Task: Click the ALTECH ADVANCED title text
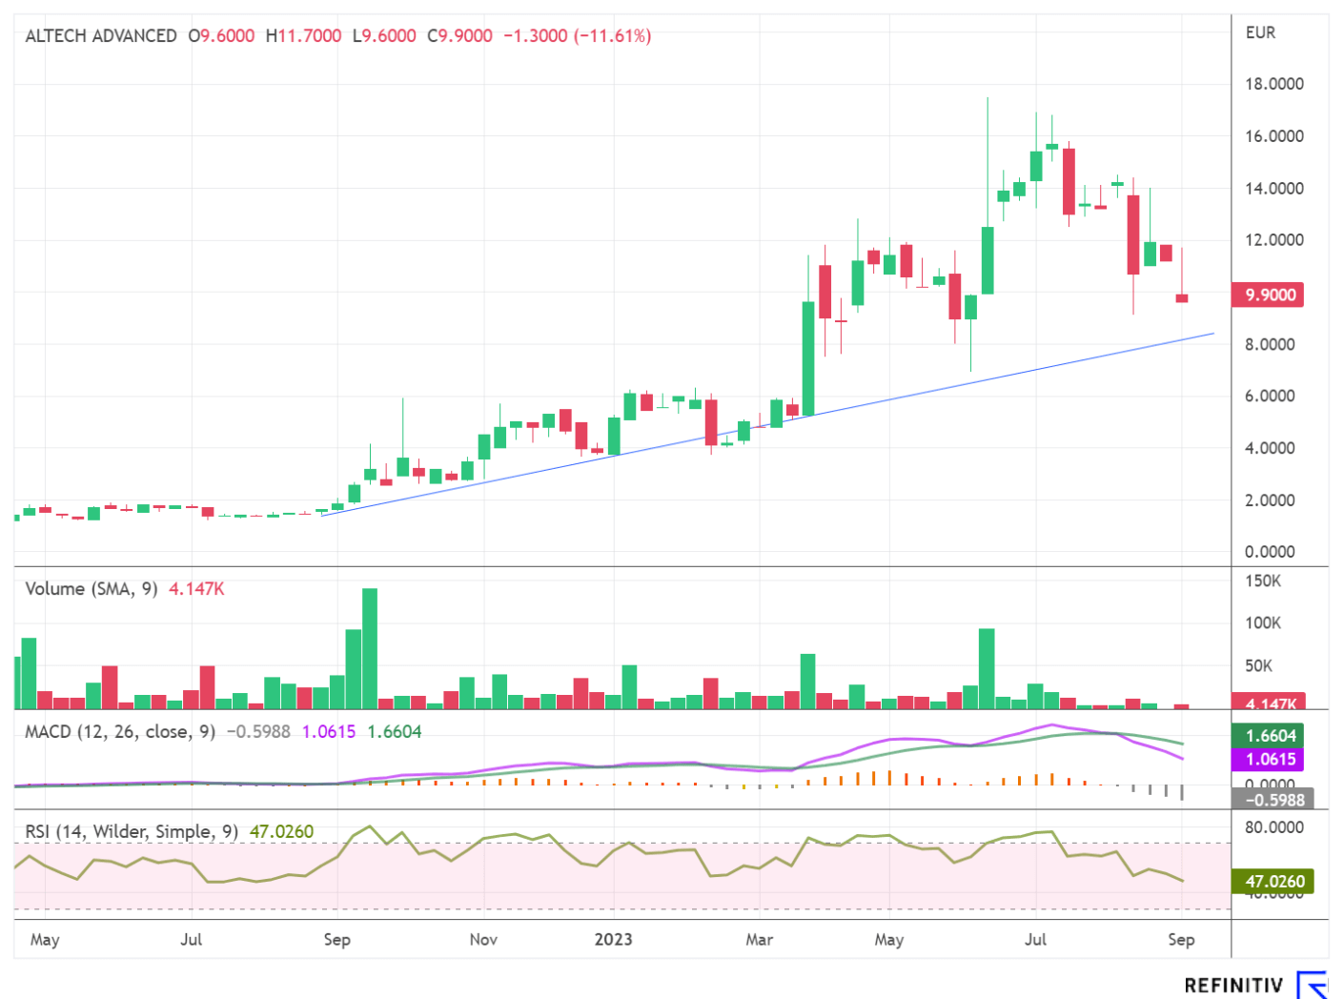[101, 36]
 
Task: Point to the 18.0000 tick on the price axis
[1273, 84]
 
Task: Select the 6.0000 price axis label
[1270, 396]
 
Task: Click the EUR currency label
[1260, 32]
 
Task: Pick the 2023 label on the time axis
[613, 939]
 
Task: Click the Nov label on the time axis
[483, 939]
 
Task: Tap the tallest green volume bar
[370, 648]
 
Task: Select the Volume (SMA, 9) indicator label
[92, 589]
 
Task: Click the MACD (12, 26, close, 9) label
[120, 732]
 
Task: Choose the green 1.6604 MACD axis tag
[1272, 736]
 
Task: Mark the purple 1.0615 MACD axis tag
[1272, 760]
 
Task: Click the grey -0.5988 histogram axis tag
[1274, 800]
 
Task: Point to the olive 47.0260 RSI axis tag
[1274, 882]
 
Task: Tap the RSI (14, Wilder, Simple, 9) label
[132, 832]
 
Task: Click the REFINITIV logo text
[1233, 986]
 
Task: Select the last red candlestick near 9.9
[1182, 298]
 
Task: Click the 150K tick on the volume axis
[1262, 581]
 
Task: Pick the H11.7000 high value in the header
[303, 36]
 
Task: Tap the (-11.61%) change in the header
[612, 36]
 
